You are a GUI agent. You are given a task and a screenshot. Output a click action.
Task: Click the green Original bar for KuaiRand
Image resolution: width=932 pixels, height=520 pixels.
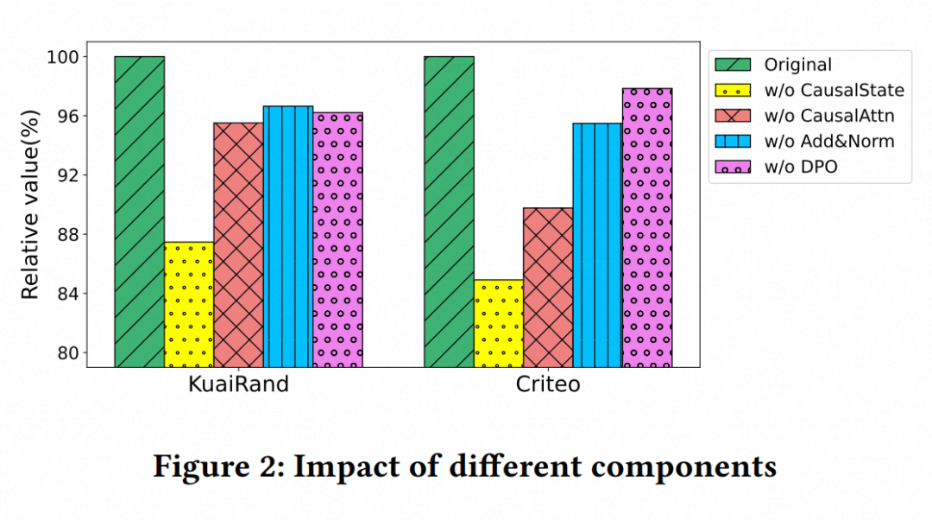coord(139,212)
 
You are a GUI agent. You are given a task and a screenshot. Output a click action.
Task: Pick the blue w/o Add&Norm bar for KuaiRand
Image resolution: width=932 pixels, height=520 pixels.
coord(288,237)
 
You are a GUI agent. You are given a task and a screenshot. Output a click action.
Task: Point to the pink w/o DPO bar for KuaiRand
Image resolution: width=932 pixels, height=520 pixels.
coord(337,239)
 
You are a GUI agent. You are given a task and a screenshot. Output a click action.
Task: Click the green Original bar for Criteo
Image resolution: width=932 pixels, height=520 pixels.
coord(449,212)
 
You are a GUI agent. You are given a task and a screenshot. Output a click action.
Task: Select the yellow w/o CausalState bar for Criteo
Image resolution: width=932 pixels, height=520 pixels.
coord(498,323)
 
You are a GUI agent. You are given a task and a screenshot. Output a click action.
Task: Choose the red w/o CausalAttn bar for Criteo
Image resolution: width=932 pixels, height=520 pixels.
coord(548,287)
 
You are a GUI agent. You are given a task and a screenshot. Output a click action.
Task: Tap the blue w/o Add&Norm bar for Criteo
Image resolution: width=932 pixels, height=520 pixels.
coord(597,245)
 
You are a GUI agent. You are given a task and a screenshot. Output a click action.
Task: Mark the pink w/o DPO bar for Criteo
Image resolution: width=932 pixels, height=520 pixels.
coord(647,227)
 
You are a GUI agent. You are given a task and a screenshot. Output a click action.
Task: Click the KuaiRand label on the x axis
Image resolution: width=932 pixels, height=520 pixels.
coord(238,384)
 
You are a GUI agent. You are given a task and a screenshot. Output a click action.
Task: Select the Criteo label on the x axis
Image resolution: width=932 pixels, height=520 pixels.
coord(548,384)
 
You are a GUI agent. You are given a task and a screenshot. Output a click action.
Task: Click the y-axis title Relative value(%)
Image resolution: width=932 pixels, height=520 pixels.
coord(30,205)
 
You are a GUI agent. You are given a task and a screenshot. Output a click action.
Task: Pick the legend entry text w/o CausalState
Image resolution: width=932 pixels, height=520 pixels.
coord(834,90)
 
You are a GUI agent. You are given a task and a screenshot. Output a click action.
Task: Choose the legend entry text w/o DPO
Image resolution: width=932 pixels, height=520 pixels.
coord(800,167)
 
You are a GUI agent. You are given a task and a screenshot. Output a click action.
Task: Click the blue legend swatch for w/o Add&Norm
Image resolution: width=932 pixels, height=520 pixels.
coord(732,141)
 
